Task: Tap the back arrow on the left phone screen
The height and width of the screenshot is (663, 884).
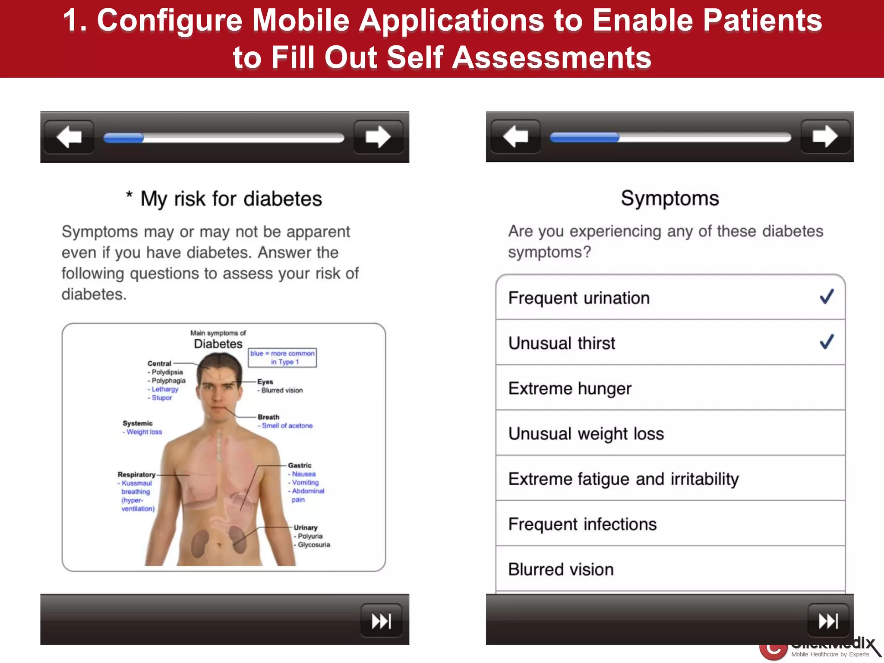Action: click(x=69, y=137)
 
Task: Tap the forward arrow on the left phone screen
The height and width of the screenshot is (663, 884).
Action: click(x=378, y=137)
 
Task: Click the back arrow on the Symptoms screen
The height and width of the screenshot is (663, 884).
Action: click(x=515, y=137)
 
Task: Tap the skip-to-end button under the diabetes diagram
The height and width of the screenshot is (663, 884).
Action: click(x=382, y=621)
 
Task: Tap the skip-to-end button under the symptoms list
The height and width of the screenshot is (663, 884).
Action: click(x=828, y=621)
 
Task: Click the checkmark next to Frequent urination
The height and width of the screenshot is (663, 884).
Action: click(x=827, y=297)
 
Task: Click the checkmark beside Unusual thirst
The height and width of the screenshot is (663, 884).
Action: click(x=827, y=342)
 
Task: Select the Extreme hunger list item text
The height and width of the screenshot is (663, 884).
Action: click(x=570, y=388)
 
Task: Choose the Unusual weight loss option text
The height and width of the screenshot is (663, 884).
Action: click(x=586, y=434)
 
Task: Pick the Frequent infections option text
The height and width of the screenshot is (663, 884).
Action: click(x=582, y=524)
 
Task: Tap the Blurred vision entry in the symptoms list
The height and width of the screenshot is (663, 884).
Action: click(x=561, y=570)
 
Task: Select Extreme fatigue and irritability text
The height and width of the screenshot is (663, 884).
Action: click(x=623, y=479)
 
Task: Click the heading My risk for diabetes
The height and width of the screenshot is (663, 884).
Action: click(x=231, y=199)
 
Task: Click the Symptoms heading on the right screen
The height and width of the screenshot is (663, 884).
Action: click(x=670, y=199)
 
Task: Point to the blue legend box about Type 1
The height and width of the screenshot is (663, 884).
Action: click(x=282, y=357)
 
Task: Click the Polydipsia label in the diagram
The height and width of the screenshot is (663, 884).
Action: click(x=167, y=372)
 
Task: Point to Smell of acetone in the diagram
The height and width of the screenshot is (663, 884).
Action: click(x=287, y=426)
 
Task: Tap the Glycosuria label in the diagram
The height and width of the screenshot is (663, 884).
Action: click(x=313, y=545)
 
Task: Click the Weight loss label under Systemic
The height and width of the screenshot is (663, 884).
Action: click(x=144, y=432)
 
